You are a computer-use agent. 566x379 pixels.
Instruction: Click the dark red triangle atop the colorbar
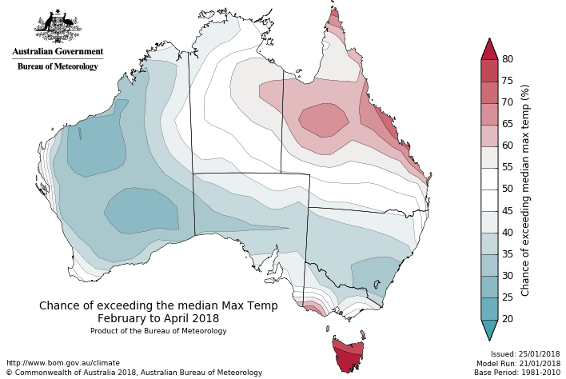click(489, 49)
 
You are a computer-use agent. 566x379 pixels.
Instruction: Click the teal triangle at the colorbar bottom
click(489, 329)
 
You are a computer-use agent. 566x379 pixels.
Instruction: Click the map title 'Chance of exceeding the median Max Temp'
click(158, 305)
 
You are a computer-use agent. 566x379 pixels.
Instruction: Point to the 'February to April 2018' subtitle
click(158, 318)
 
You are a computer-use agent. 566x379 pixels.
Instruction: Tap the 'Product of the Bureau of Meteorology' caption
click(158, 330)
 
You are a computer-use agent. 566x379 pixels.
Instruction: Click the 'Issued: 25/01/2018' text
click(525, 353)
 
